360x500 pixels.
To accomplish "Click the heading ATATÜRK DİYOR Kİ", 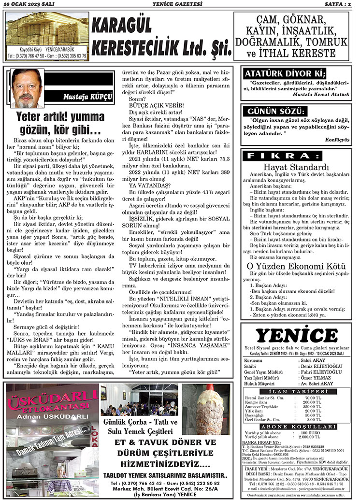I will [285, 74].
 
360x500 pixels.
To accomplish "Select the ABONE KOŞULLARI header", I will [296, 427].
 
